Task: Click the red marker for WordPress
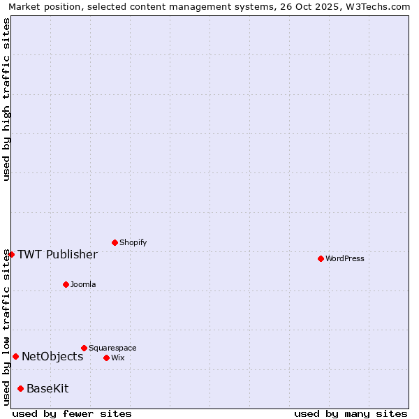coord(321,258)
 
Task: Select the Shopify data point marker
coord(115,242)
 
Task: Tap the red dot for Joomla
coord(66,284)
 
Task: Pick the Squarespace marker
coord(84,348)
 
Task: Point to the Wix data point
coord(106,358)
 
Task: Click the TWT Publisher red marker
coord(11,254)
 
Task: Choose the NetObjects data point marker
coord(15,356)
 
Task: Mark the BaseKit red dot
coord(20,388)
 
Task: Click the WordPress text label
coord(345,259)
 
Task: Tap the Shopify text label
coord(133,243)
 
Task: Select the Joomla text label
coord(83,285)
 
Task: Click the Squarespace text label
coord(112,348)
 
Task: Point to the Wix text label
coord(118,358)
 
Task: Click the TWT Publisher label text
coord(57,254)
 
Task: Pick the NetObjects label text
coord(52,357)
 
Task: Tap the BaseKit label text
coord(47,389)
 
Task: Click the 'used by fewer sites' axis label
coord(72,413)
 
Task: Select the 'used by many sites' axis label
coord(351,413)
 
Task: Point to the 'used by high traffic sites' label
coord(6,99)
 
